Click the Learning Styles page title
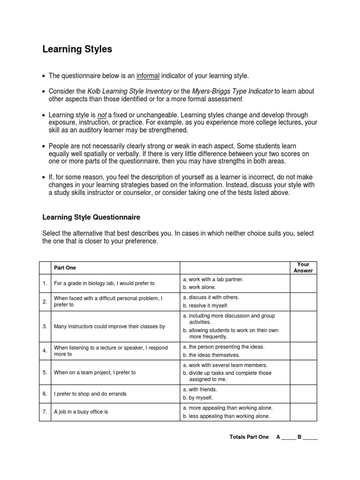click(x=77, y=49)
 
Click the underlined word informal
click(x=148, y=75)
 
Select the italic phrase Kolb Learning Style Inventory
click(x=130, y=91)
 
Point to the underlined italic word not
click(x=102, y=114)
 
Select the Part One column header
click(x=65, y=268)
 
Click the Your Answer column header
click(x=303, y=268)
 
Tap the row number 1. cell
click(x=45, y=283)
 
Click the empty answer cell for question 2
click(x=303, y=301)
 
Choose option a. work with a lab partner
click(x=213, y=279)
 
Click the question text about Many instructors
click(x=109, y=326)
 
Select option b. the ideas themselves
click(x=209, y=354)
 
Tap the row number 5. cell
click(x=45, y=372)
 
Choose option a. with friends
click(x=200, y=390)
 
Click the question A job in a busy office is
click(x=81, y=412)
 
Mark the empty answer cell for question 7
click(x=303, y=412)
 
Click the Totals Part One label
click(x=249, y=437)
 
